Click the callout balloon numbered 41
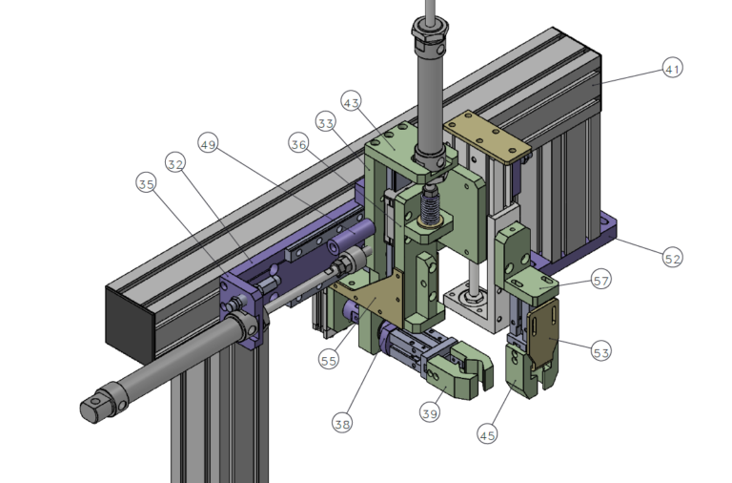[672, 69]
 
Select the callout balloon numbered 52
[672, 258]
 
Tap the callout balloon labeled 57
[600, 280]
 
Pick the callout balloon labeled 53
[600, 351]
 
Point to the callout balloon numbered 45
[487, 435]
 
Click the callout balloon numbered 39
[430, 413]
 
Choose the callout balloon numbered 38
[342, 423]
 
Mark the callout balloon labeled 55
[329, 360]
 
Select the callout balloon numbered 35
[146, 183]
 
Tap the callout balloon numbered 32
[175, 163]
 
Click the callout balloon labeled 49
[208, 143]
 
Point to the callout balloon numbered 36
[298, 143]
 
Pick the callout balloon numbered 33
[325, 122]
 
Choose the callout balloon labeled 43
[351, 101]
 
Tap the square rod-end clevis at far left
[104, 402]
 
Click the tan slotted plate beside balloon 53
[542, 333]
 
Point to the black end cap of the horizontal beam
[130, 325]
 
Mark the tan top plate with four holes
[487, 136]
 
